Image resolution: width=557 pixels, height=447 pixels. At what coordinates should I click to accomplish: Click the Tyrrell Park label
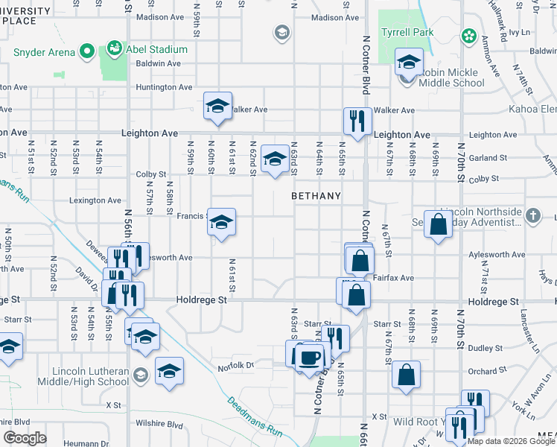pos(407,34)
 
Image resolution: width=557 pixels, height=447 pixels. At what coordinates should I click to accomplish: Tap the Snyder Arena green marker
pos(87,52)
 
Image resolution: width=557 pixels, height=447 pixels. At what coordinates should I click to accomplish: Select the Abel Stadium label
pos(156,50)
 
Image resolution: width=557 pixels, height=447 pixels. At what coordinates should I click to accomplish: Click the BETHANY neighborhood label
pos(316,196)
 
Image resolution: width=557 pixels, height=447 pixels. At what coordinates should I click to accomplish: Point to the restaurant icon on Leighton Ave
pos(357,121)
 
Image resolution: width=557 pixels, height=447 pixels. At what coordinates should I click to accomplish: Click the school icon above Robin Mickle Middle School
pos(409,62)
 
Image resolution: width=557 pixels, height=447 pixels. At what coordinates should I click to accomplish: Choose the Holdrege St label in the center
pos(201,300)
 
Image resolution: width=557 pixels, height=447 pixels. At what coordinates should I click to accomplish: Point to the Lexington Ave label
pos(95,200)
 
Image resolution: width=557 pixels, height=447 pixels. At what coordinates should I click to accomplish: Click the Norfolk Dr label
pos(236,366)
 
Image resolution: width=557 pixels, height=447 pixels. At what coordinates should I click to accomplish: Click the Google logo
pos(25,438)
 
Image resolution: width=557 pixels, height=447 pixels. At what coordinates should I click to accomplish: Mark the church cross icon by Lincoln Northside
pos(532,216)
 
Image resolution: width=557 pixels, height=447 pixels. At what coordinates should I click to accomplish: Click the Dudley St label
pos(486,347)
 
